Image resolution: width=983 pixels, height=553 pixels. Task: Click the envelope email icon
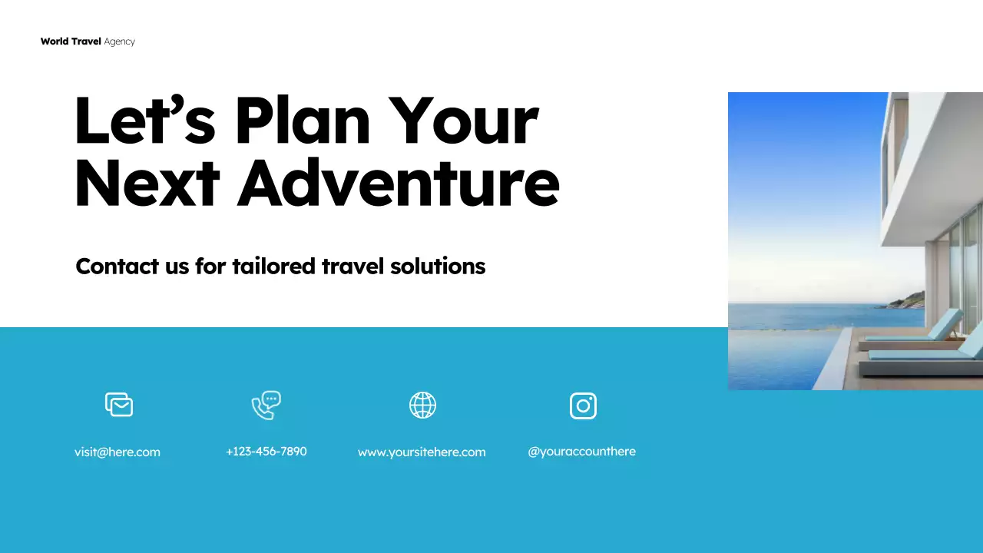pos(119,404)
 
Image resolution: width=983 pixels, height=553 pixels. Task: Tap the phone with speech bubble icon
pos(266,405)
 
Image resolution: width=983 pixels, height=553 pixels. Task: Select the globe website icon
pos(422,405)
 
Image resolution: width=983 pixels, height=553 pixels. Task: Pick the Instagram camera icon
pos(583,406)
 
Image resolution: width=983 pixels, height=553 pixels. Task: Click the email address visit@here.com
pos(117,452)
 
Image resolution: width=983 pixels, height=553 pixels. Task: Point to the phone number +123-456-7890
pos(266,451)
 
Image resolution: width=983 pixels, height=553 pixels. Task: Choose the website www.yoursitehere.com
pos(422,452)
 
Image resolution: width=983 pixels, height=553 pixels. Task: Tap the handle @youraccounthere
pos(581,451)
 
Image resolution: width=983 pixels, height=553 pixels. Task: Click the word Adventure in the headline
pos(398,184)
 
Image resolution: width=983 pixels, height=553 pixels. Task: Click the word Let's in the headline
pos(144,121)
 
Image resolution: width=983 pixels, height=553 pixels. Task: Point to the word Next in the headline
pos(147,184)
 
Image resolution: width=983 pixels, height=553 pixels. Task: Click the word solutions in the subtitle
pos(438,266)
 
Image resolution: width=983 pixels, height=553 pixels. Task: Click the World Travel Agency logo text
pos(88,41)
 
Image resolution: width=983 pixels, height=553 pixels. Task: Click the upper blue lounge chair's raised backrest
pos(945,323)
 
